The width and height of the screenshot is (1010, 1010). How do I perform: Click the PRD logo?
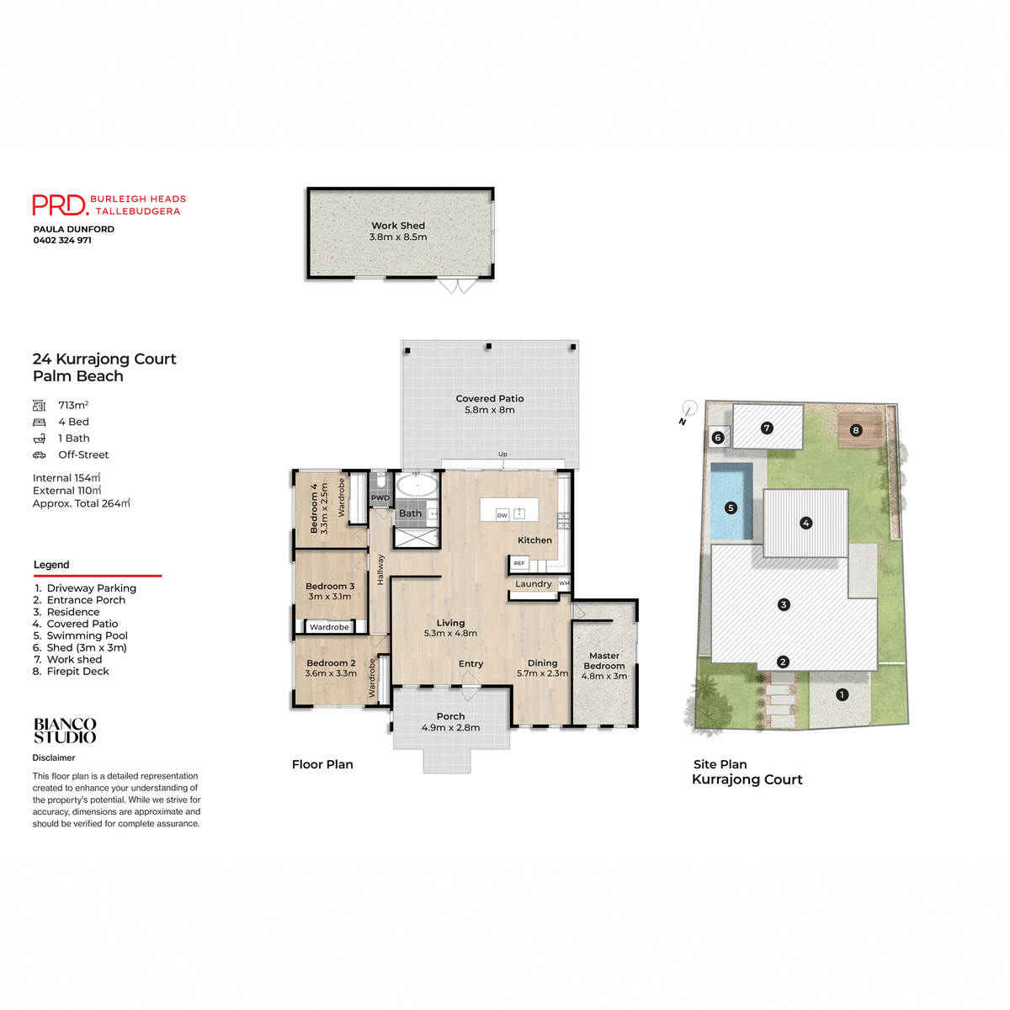click(x=60, y=205)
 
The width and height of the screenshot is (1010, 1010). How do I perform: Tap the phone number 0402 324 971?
click(x=62, y=241)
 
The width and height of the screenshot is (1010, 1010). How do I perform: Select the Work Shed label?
click(x=398, y=226)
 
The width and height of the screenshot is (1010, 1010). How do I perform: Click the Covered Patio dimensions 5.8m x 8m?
click(x=489, y=410)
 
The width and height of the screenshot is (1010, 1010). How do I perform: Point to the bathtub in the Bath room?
click(x=417, y=486)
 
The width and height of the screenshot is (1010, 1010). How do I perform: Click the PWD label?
click(x=380, y=497)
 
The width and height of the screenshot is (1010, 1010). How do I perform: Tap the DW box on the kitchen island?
click(x=502, y=515)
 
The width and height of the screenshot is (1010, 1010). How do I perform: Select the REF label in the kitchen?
click(x=519, y=563)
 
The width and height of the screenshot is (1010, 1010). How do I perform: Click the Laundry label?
click(x=534, y=583)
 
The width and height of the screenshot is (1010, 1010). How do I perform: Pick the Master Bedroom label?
click(x=604, y=661)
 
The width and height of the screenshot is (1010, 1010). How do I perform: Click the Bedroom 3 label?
click(x=330, y=586)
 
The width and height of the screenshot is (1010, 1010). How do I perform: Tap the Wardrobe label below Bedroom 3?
click(x=329, y=627)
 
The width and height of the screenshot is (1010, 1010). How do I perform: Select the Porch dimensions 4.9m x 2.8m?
click(x=450, y=727)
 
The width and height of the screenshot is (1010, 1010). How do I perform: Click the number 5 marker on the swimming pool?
click(x=731, y=508)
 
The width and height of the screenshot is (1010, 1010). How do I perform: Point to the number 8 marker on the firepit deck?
click(x=856, y=430)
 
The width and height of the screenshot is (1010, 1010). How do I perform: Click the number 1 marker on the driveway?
click(x=842, y=694)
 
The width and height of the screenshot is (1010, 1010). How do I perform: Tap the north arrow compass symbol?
click(x=688, y=410)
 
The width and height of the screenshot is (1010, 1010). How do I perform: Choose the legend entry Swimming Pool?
click(x=87, y=635)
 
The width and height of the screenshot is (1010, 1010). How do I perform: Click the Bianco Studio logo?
click(x=65, y=731)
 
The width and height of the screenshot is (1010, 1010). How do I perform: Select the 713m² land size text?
click(x=73, y=405)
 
